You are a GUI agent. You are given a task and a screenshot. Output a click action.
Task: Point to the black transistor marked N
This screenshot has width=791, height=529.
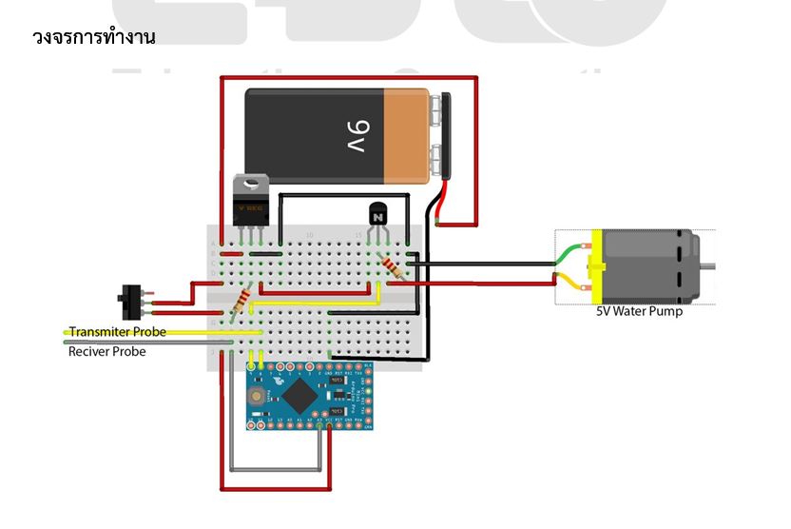tap(376, 217)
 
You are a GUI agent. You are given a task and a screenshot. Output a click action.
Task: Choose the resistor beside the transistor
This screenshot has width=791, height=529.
tap(390, 265)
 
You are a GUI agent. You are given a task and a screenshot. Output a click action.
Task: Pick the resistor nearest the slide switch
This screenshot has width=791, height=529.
tap(241, 303)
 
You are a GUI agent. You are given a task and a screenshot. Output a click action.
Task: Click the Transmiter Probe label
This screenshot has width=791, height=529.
tap(117, 332)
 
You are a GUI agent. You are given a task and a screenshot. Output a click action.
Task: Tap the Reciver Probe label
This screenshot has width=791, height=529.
tap(107, 351)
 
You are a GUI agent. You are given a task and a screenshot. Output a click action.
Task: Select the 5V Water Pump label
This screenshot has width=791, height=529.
tap(639, 311)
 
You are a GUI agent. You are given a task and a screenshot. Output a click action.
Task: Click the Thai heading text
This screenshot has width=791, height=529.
tap(93, 37)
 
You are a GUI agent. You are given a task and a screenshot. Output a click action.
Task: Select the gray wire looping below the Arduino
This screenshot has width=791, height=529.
tap(276, 469)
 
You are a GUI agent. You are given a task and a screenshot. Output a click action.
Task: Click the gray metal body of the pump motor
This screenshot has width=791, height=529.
tap(656, 266)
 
